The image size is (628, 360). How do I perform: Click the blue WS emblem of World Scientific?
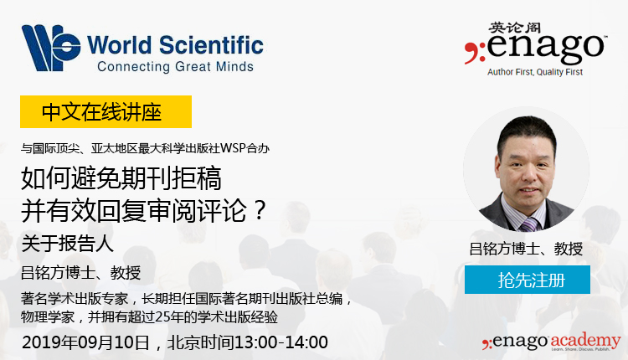(51, 48)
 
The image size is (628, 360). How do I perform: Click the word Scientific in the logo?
(212, 45)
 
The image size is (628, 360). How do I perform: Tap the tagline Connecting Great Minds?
(176, 66)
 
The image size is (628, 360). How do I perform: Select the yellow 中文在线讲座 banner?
(106, 111)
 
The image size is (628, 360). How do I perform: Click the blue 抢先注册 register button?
(527, 280)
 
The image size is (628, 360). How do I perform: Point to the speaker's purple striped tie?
(529, 225)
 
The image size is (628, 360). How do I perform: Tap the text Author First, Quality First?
(535, 72)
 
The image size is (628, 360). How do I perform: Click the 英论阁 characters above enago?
(515, 28)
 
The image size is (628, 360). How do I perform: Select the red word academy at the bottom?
(585, 341)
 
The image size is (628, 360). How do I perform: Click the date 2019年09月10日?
(86, 342)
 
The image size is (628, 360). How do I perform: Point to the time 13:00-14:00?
(281, 342)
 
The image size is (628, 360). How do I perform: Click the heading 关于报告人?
(67, 243)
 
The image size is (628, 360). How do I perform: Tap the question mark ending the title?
(260, 210)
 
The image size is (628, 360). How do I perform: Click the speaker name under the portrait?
(526, 249)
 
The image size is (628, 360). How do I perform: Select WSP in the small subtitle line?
(233, 148)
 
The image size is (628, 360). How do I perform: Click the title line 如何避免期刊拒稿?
(121, 177)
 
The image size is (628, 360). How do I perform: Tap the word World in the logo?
(120, 45)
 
